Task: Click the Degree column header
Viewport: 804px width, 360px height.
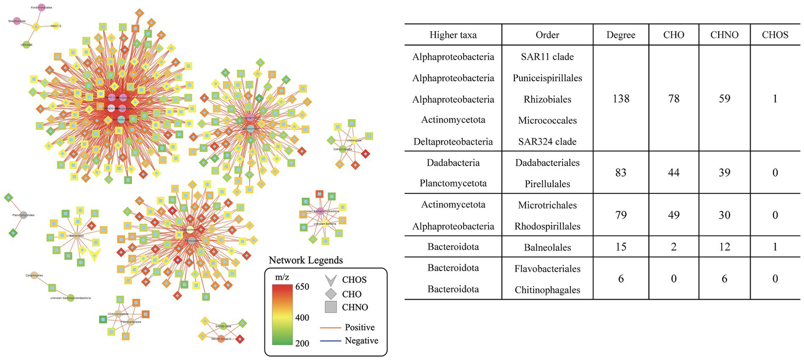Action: (620, 35)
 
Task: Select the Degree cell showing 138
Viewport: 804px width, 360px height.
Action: (620, 99)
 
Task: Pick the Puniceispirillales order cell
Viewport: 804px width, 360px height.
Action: (548, 78)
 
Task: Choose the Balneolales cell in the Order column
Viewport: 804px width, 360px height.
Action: (548, 247)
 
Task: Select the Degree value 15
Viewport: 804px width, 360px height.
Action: (620, 247)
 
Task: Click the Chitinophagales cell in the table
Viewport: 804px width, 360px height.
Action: (548, 290)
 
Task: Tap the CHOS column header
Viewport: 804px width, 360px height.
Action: (775, 35)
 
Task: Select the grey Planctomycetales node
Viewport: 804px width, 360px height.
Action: (24, 215)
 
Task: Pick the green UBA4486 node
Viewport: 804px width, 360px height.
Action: (25, 46)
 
